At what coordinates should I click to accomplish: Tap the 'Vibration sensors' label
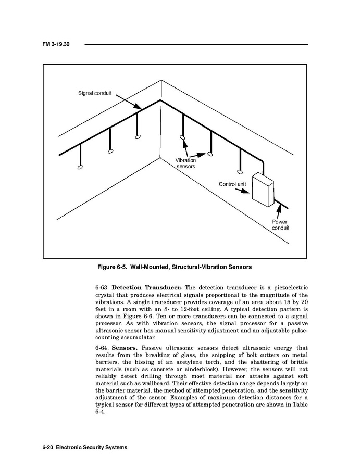pos(185,163)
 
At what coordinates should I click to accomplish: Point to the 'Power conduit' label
pos(280,225)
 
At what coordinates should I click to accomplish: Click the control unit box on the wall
pos(263,190)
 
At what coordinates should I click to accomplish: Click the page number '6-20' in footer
pos(45,447)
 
